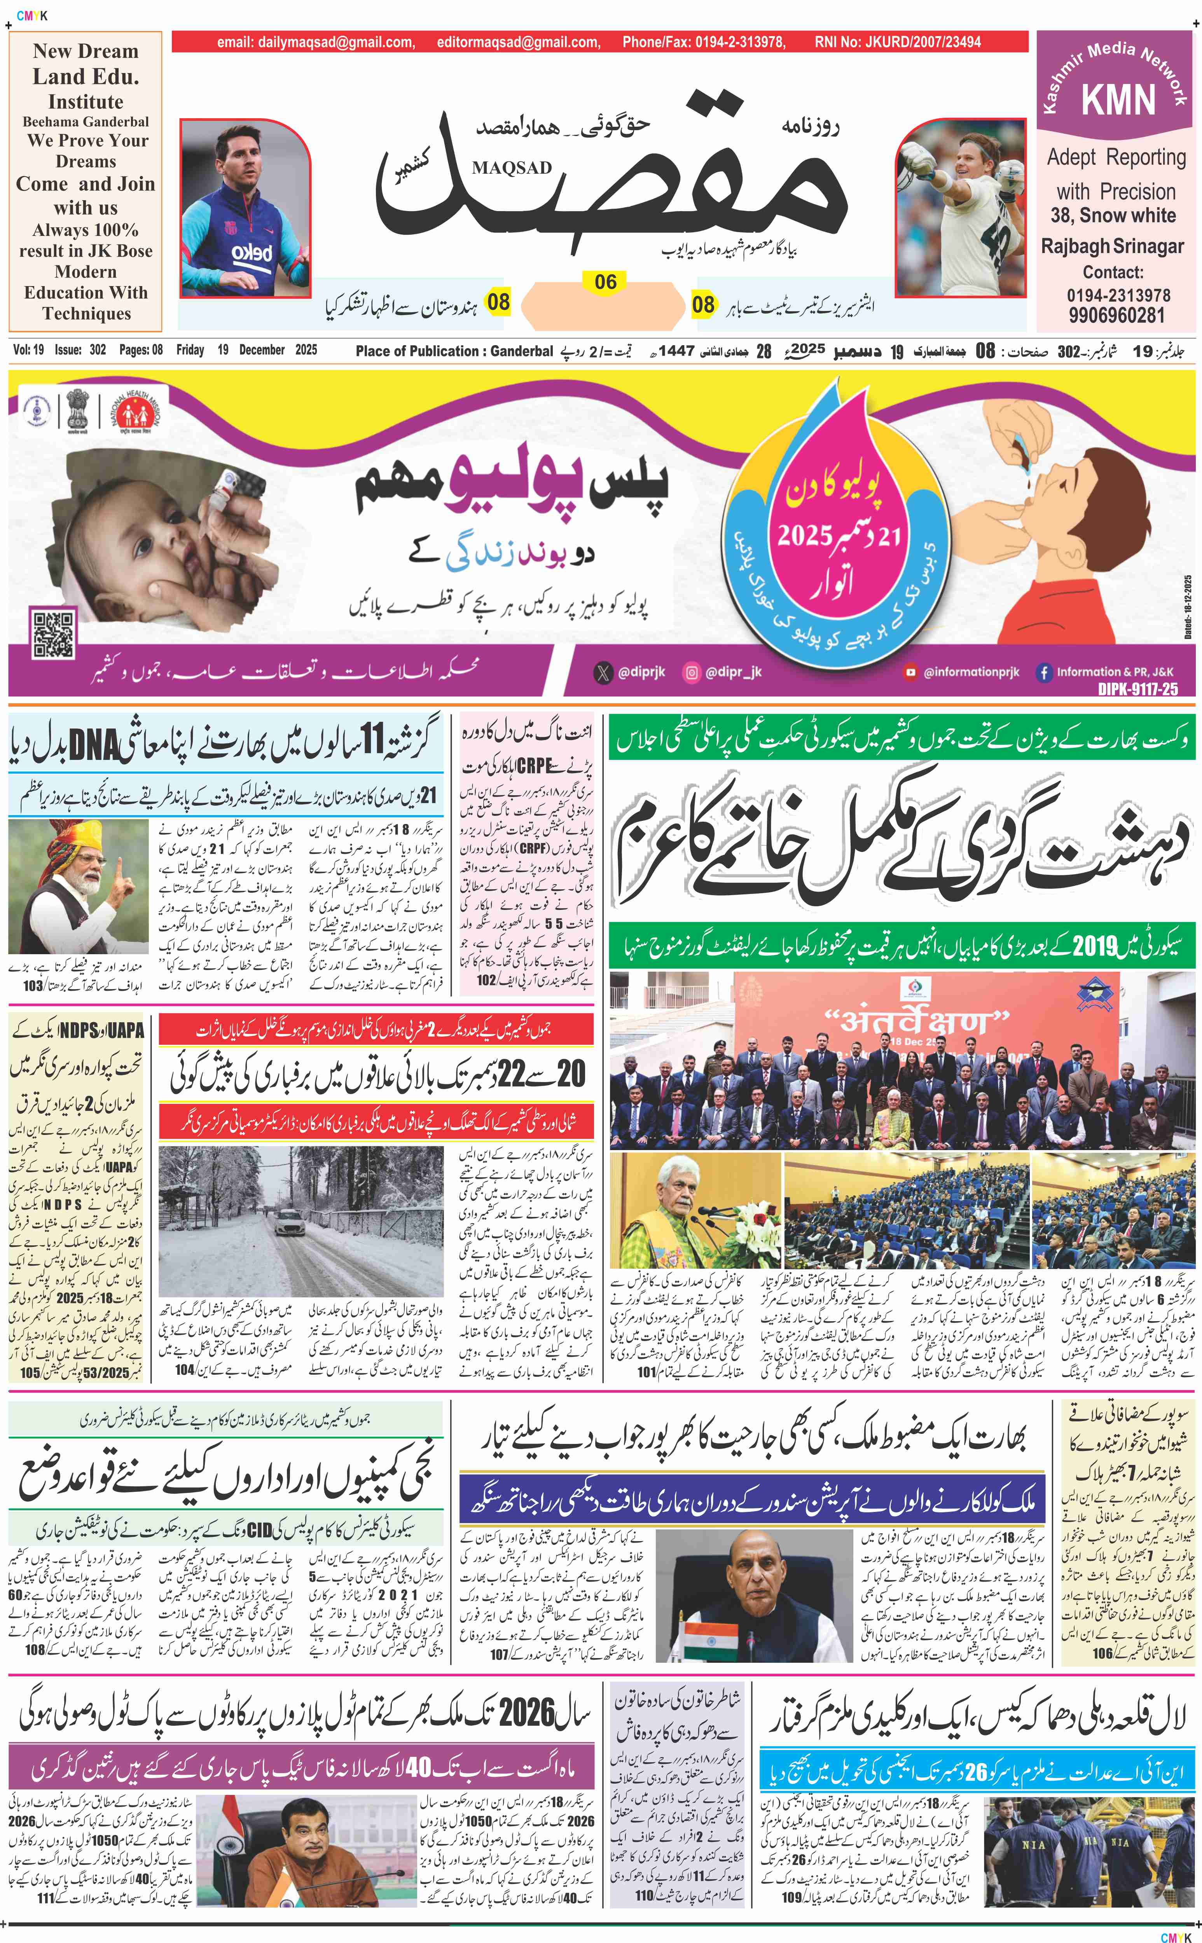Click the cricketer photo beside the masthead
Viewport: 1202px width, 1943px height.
[x=960, y=208]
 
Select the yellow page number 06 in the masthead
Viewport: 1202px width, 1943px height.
[x=606, y=282]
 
